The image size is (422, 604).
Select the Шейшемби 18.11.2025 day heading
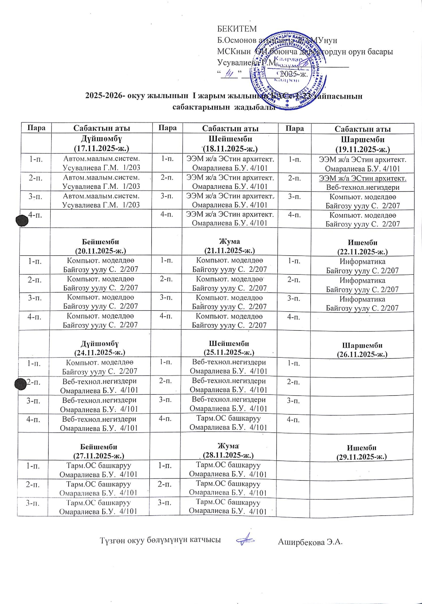coord(230,143)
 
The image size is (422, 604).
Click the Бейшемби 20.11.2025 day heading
coord(101,246)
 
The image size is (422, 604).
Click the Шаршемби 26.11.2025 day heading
coord(362,349)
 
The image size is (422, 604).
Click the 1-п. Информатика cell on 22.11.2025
coord(362,266)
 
